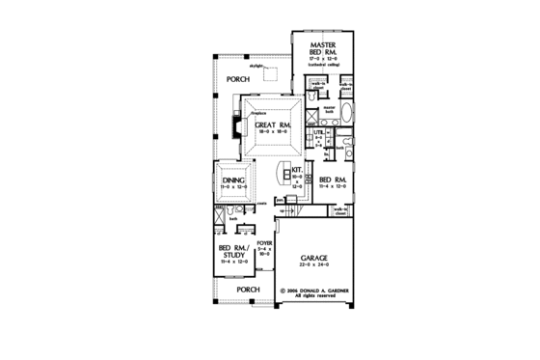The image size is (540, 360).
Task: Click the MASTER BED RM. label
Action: click(322, 50)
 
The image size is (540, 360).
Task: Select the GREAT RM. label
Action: click(274, 125)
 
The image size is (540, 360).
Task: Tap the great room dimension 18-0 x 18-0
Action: click(274, 133)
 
